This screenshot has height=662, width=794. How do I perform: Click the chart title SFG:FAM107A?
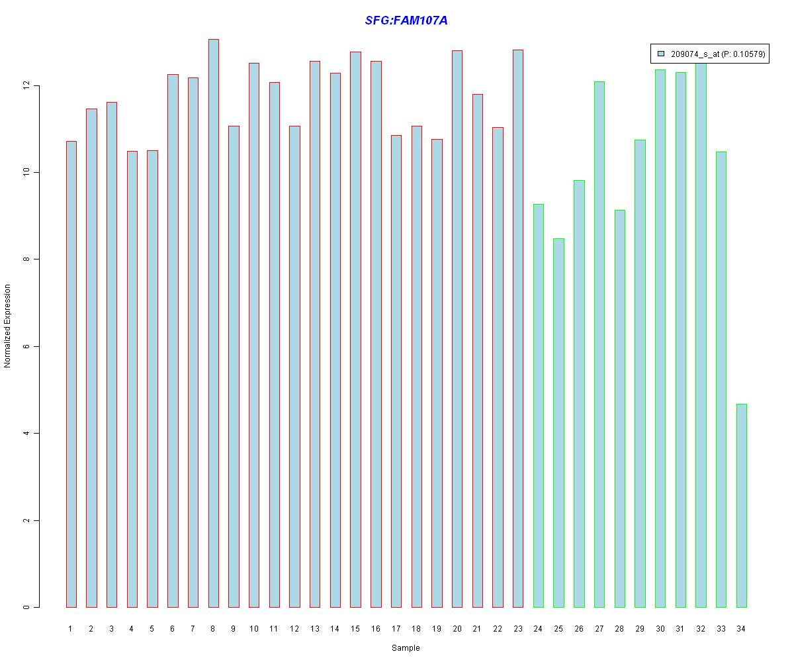point(406,21)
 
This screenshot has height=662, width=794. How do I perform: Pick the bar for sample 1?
point(71,374)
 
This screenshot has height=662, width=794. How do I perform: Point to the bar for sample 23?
point(517,328)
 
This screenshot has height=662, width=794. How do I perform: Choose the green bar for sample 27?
point(599,344)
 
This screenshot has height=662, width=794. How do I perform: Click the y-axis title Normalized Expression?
point(8,326)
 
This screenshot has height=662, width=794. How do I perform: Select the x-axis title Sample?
point(406,648)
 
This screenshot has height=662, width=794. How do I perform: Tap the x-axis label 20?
point(457,628)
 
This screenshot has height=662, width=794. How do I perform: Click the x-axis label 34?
point(741,628)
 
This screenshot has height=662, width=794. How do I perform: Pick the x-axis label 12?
point(294,628)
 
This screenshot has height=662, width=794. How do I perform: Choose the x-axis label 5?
point(152,628)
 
